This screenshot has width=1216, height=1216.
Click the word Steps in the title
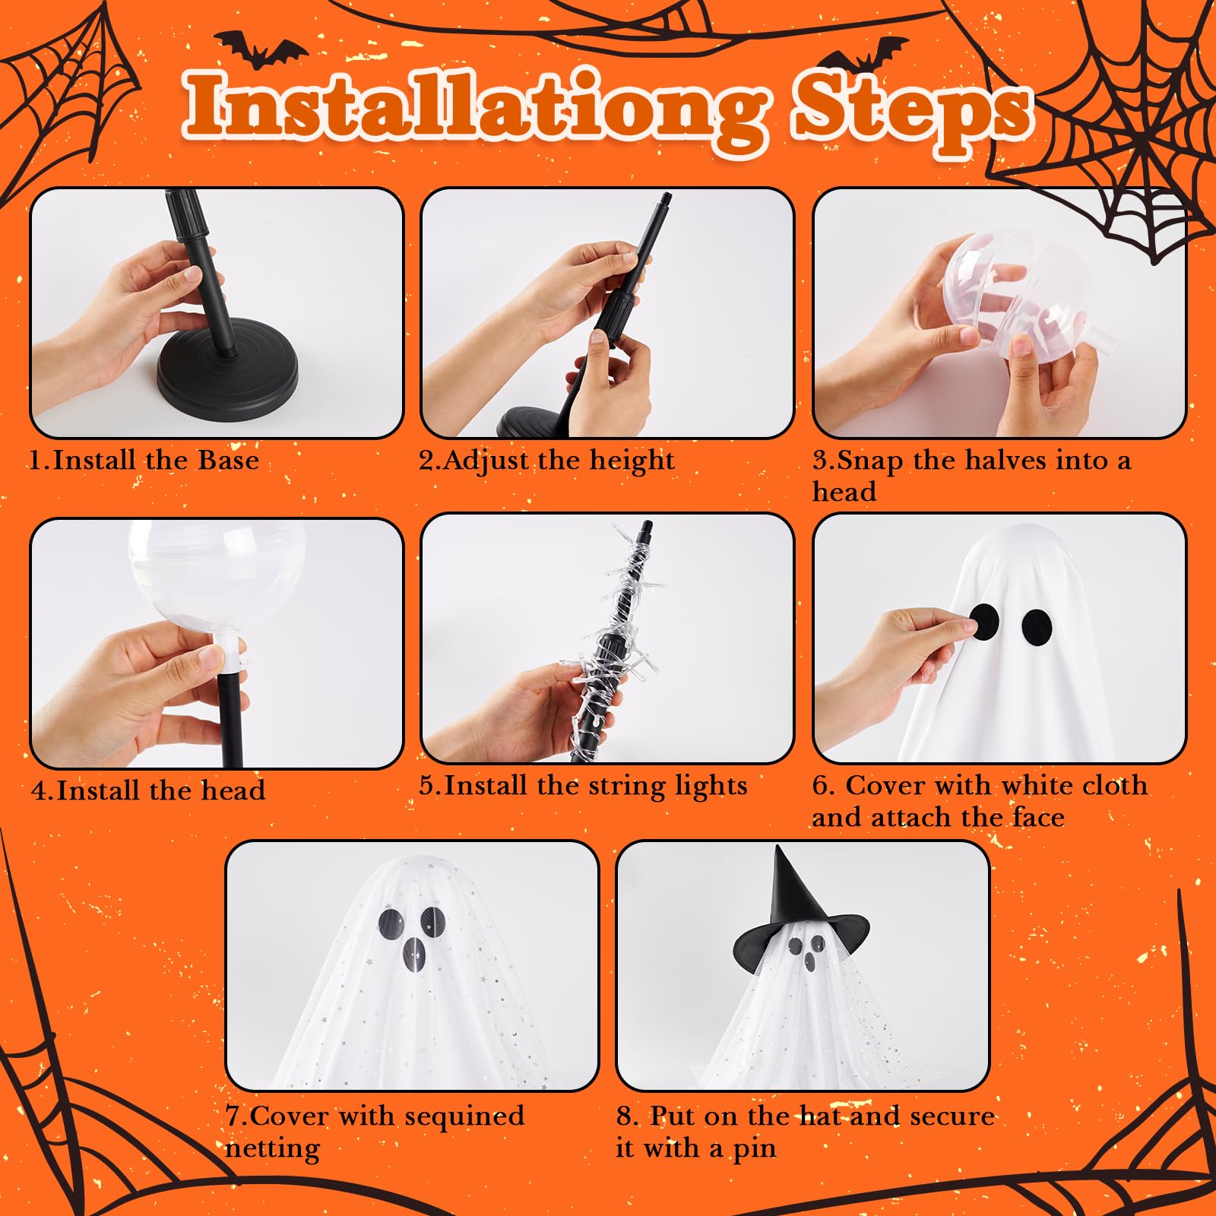[x=912, y=112]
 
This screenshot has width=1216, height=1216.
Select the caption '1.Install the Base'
[x=144, y=461]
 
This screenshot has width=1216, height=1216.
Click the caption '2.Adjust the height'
[x=546, y=461]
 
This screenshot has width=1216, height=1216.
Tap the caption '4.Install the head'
[x=148, y=790]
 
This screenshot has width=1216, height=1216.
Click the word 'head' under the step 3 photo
[x=844, y=492]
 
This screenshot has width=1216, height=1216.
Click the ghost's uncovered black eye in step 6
[x=1037, y=625]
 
